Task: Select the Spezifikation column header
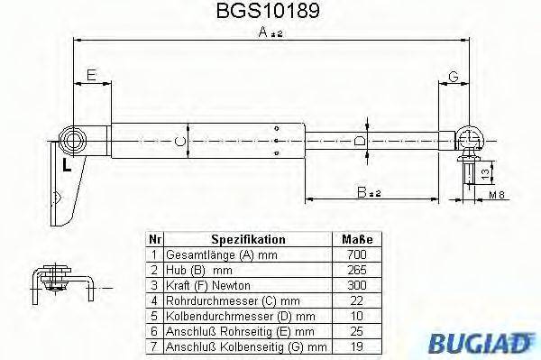(248, 240)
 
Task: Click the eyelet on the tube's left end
(71, 140)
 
